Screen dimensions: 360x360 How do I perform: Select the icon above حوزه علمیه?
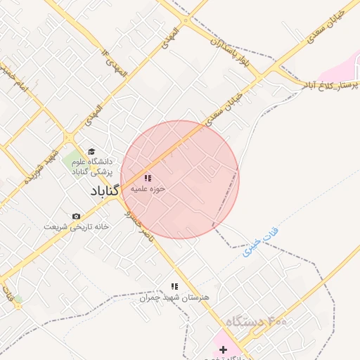147,179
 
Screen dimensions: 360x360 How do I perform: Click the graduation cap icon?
91,151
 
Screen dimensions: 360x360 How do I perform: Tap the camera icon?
76,216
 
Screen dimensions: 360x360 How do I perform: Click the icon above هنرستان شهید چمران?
174,286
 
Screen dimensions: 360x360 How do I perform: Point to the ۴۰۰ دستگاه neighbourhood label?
257,322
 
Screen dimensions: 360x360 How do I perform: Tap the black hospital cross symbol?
224,349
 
